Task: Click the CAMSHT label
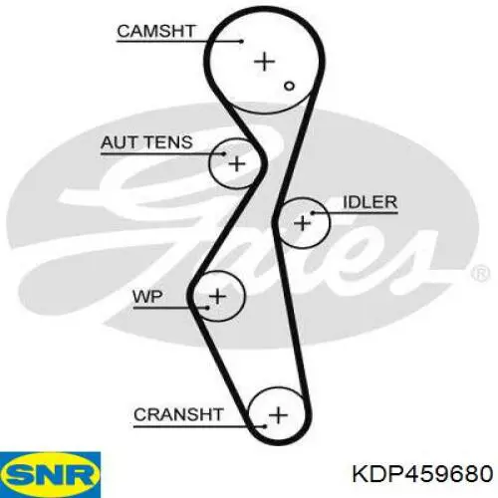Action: (x=155, y=31)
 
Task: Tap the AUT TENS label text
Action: (x=146, y=142)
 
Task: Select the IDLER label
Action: (x=370, y=202)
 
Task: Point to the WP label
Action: (x=147, y=296)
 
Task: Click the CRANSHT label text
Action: (x=178, y=414)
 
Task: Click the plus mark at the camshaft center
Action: (x=265, y=62)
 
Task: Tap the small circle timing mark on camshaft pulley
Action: (x=289, y=86)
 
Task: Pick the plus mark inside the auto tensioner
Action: (x=237, y=163)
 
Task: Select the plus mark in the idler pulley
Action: (x=303, y=222)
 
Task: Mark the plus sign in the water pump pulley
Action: (x=218, y=296)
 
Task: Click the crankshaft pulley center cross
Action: (x=278, y=415)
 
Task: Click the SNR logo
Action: (x=50, y=475)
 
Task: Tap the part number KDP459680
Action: (x=422, y=473)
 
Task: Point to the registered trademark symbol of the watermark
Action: (x=480, y=274)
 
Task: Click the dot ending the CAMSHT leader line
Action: (x=242, y=42)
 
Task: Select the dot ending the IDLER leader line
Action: (x=313, y=212)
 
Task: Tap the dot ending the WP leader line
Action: (x=208, y=308)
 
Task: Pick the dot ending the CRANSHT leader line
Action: (x=265, y=426)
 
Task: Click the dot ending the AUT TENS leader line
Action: (x=224, y=153)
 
